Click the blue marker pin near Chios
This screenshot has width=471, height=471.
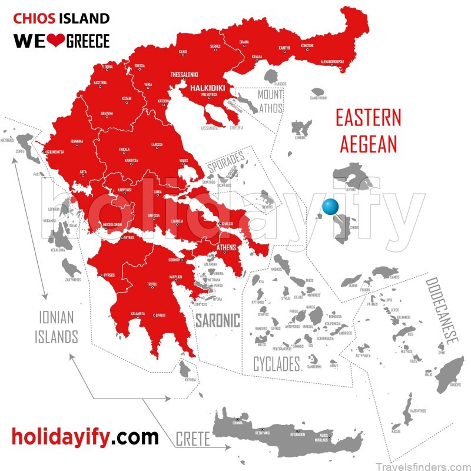coord(331,207)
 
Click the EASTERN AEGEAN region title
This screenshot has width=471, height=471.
coord(368,130)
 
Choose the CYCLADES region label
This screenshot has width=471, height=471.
coord(277,364)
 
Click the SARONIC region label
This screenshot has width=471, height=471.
coord(218,321)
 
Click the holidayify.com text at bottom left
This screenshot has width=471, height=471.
coord(85,436)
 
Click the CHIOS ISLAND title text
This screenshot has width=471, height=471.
coord(61,18)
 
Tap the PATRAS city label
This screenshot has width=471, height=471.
coord(128,238)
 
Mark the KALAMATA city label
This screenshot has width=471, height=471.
coord(138,313)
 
